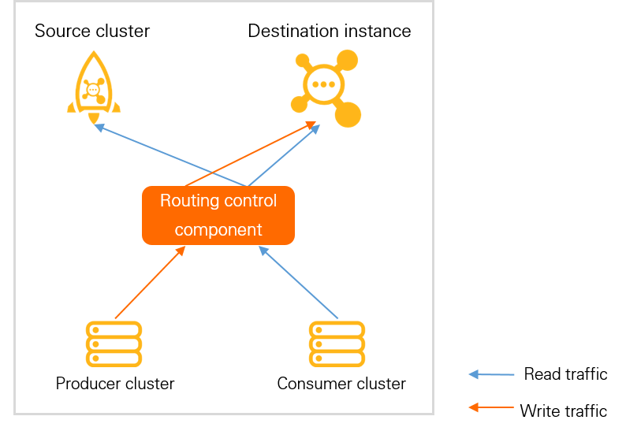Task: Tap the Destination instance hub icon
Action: tap(325, 87)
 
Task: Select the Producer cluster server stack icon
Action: tap(114, 344)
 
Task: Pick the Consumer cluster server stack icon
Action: tap(337, 344)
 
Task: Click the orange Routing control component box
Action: tap(218, 215)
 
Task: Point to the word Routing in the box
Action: tap(188, 201)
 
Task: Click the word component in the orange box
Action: tap(218, 230)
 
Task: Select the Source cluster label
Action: tap(92, 32)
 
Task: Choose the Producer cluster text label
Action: tap(115, 384)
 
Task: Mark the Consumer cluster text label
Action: tap(341, 384)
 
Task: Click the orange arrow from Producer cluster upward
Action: tap(150, 283)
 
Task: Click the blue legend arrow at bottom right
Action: tap(491, 374)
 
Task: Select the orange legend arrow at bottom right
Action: tap(491, 407)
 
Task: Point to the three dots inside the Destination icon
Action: tap(324, 84)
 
